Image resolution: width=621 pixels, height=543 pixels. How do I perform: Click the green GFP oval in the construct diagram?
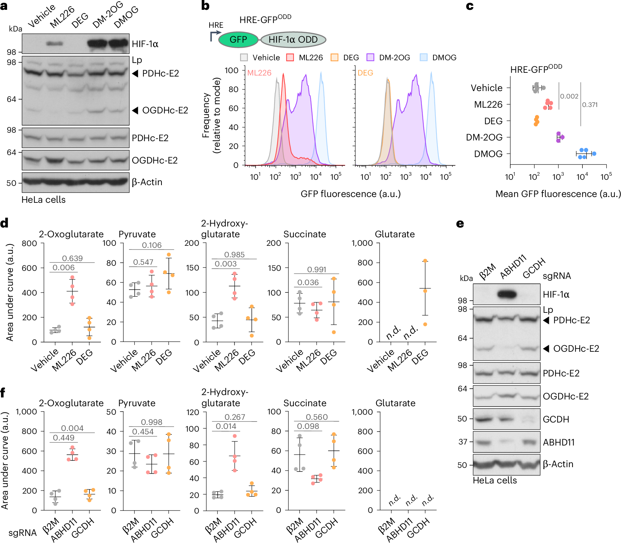coord(238,40)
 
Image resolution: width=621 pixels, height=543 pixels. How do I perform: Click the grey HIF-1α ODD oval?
coord(293,40)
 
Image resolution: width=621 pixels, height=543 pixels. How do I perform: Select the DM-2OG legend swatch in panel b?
coord(370,58)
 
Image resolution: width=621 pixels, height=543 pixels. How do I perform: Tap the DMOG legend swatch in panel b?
coord(424,58)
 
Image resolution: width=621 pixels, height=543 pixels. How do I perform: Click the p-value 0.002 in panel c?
coord(569,96)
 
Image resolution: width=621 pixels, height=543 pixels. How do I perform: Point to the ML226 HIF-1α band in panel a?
coord(54,43)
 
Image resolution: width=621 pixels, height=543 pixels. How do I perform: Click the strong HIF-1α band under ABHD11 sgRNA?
coord(507,294)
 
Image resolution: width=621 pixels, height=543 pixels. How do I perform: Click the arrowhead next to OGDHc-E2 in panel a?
coord(135,110)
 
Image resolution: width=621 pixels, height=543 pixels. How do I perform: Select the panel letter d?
coord(4,223)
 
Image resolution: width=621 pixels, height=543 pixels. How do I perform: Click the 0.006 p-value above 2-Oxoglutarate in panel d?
coord(63,267)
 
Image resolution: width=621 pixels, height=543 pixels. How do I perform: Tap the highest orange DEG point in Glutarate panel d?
coord(425,261)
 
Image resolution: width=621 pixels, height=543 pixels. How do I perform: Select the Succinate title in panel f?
coord(305,403)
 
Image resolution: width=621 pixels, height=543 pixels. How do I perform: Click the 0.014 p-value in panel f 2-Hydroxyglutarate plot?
coord(226,426)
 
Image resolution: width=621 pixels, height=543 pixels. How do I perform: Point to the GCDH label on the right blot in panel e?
coord(556,419)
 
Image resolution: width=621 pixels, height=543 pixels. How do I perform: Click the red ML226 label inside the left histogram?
coord(259,73)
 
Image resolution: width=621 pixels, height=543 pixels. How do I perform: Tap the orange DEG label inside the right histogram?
coord(365,73)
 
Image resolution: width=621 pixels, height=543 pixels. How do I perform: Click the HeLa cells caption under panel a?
coord(43,200)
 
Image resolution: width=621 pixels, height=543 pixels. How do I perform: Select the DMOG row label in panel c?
coord(488,154)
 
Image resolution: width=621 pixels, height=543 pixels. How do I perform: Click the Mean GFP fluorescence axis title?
coord(558,194)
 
